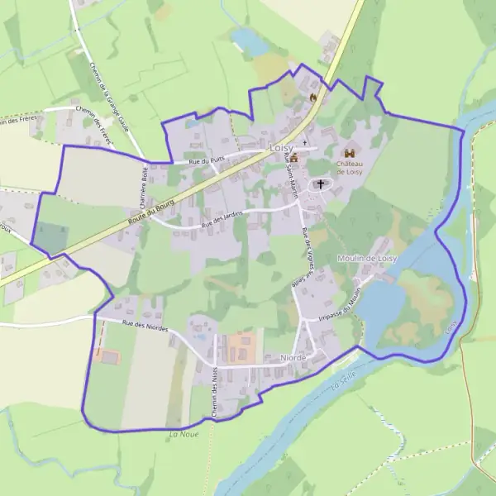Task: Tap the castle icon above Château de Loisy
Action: [x=350, y=154]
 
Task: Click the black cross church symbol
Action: [x=320, y=184]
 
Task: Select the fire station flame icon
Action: [x=312, y=97]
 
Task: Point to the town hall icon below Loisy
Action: [x=293, y=157]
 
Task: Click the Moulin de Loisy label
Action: [x=367, y=258]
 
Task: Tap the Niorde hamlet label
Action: [x=293, y=357]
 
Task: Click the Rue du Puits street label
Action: [x=206, y=162]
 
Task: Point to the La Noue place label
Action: [x=184, y=434]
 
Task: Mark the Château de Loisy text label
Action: [x=350, y=168]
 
